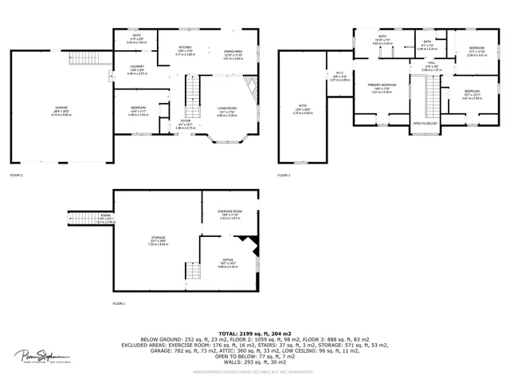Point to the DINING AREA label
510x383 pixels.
point(233,50)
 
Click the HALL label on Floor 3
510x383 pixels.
point(430,65)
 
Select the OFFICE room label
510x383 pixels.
point(228,259)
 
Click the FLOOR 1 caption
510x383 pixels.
point(119,304)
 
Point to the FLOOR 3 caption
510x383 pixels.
point(284,175)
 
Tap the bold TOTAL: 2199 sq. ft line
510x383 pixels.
point(255,334)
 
